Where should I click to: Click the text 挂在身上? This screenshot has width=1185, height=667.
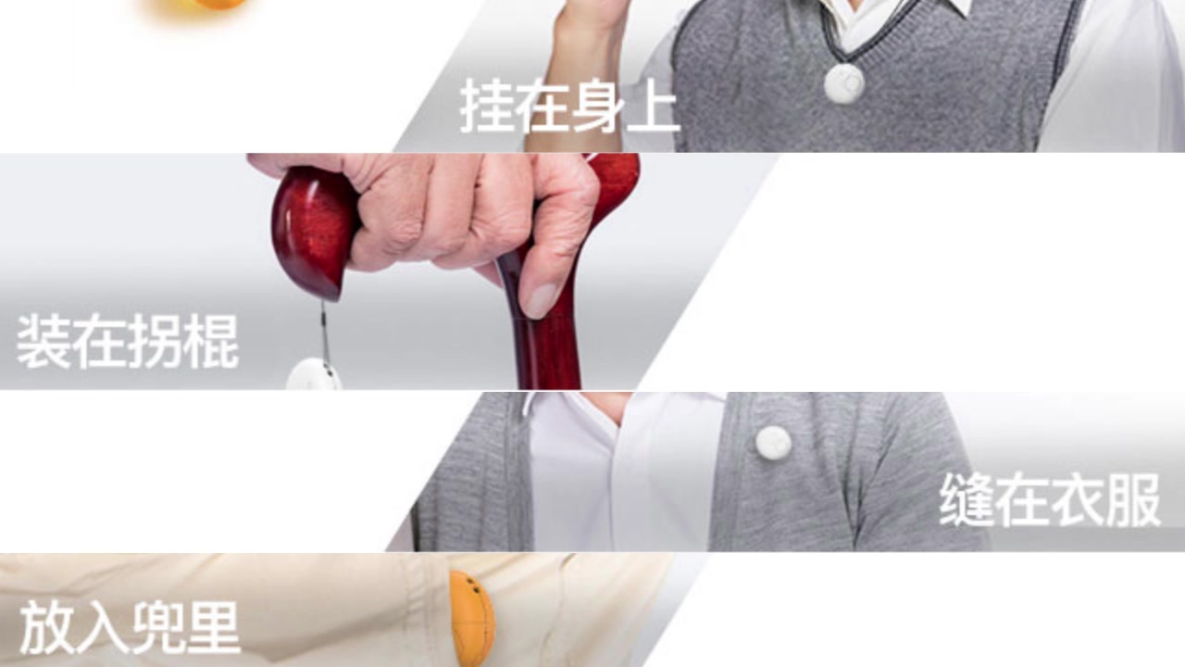tap(569, 106)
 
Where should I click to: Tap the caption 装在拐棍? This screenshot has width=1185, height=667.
tap(128, 342)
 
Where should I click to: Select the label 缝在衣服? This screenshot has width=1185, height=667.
tap(1050, 499)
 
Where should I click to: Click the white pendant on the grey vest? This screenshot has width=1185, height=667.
tap(844, 83)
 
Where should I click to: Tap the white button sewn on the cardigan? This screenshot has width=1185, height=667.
tap(773, 442)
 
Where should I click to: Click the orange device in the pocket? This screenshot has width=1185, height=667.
tap(472, 618)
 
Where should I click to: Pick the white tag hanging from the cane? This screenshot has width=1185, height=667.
tap(314, 375)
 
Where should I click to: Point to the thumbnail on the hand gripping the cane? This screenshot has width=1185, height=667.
tap(543, 300)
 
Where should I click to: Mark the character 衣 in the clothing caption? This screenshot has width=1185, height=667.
tap(1077, 499)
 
